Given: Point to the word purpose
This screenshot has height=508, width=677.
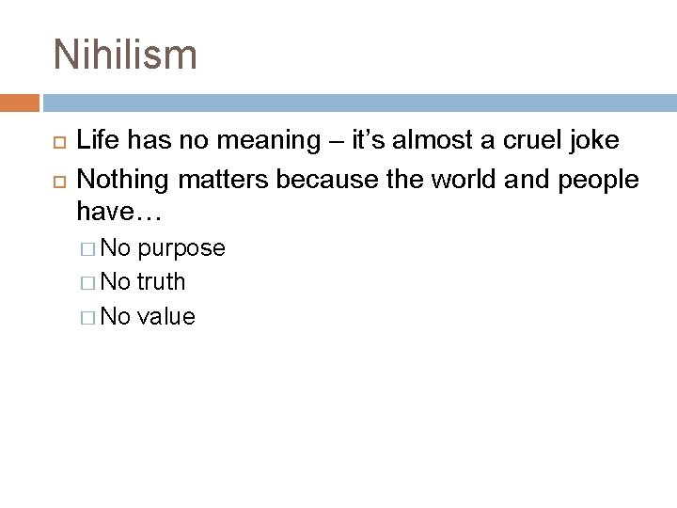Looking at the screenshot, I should (181, 249).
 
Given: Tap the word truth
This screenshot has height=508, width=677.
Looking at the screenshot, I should (161, 282).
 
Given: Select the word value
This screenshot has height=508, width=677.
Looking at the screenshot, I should (165, 317).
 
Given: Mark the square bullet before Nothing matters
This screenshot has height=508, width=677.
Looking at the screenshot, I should (55, 179).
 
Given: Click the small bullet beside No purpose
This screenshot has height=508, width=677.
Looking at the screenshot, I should (89, 249).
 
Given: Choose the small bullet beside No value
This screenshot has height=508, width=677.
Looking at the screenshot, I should (89, 317).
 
